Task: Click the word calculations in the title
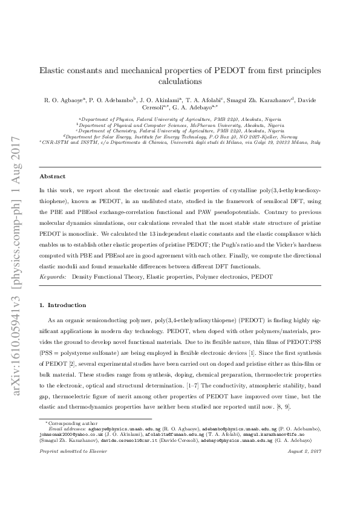coord(180,80)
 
